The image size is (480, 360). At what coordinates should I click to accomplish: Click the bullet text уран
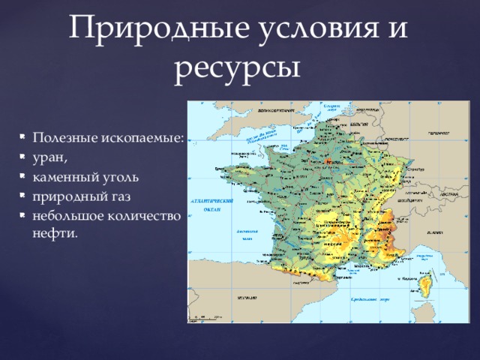tap(50, 158)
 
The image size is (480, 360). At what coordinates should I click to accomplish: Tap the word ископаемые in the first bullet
tap(142, 139)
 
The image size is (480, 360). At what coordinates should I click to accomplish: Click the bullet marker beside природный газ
tap(23, 197)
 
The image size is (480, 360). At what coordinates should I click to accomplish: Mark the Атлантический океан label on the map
tap(214, 205)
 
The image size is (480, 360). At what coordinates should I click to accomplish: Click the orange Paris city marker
tap(331, 161)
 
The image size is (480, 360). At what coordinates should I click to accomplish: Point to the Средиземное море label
tap(367, 299)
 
